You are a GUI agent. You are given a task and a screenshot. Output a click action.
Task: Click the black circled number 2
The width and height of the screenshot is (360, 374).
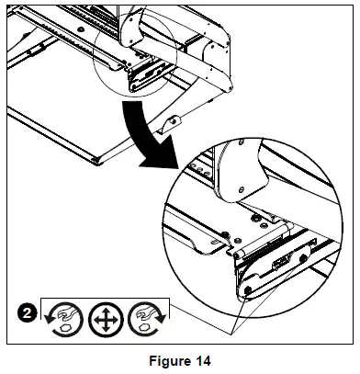pyautogui.click(x=27, y=313)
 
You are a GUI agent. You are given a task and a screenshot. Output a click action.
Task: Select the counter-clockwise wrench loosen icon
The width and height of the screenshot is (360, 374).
pyautogui.click(x=65, y=320)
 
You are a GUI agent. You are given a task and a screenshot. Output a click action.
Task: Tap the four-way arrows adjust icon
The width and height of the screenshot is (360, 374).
pyautogui.click(x=106, y=320)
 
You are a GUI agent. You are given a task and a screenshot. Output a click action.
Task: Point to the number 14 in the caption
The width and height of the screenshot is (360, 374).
pyautogui.click(x=201, y=361)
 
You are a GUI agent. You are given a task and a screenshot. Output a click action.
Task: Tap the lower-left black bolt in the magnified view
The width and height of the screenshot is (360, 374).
pyautogui.click(x=247, y=289)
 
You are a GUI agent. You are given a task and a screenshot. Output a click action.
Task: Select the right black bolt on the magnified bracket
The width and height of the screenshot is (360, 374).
pyautogui.click(x=304, y=258)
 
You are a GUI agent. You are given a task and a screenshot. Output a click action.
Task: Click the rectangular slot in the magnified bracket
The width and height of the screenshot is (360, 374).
pyautogui.click(x=280, y=264)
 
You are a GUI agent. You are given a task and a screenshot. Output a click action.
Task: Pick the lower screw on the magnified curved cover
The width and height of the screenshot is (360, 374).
pyautogui.click(x=241, y=189)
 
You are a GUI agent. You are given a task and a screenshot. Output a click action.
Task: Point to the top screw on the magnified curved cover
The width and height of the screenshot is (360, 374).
pyautogui.click(x=241, y=142)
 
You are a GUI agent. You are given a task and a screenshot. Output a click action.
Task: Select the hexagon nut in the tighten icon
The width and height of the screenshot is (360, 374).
pyautogui.click(x=143, y=327)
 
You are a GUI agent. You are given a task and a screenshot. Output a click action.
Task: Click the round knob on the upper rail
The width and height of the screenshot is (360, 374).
pyautogui.click(x=81, y=29)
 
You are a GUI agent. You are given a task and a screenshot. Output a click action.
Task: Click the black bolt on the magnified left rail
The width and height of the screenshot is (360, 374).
pyautogui.click(x=225, y=235)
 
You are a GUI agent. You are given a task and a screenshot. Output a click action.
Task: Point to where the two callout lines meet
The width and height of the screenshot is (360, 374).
pyautogui.click(x=232, y=334)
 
